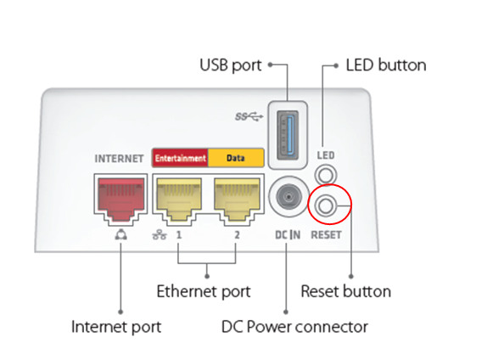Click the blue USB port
click(x=288, y=135)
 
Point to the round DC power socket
click(x=289, y=197)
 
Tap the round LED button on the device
click(x=326, y=175)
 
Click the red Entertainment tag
click(x=180, y=158)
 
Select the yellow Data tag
click(x=236, y=158)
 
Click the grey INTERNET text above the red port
click(x=119, y=159)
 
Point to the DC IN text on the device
click(x=288, y=234)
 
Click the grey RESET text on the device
click(x=326, y=234)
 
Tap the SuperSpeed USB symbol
click(x=249, y=117)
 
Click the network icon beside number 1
click(x=160, y=234)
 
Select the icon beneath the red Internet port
click(x=121, y=234)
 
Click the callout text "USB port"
click(x=231, y=65)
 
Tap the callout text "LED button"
click(x=386, y=65)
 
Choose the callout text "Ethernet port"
click(x=204, y=292)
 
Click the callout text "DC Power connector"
click(x=294, y=327)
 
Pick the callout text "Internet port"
click(x=116, y=327)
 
